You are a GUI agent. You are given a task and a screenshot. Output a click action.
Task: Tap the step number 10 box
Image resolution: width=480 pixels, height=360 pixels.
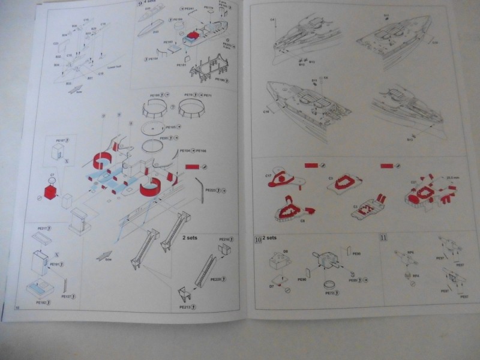[257, 239]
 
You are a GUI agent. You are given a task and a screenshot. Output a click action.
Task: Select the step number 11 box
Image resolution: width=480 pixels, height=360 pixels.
[383, 238]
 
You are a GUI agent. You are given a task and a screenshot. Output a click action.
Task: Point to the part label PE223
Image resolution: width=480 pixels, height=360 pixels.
[211, 190]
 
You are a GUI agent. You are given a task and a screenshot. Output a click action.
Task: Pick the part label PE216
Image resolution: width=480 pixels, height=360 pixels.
[223, 240]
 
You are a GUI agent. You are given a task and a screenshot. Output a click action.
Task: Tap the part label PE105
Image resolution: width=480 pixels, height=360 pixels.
[170, 127]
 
